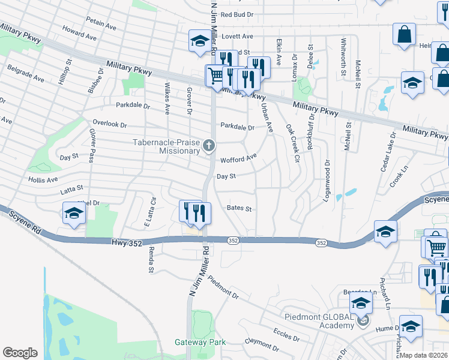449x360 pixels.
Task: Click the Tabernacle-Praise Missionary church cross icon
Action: (x=209, y=145)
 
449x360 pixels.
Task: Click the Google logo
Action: (x=20, y=353)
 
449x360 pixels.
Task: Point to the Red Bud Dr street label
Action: (x=237, y=14)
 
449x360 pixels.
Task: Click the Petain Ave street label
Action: (x=101, y=23)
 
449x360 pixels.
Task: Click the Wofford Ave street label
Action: (x=238, y=158)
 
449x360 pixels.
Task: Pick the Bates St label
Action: (x=239, y=208)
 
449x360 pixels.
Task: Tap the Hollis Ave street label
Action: (x=43, y=179)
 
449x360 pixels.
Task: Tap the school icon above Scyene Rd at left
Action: (x=74, y=212)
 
